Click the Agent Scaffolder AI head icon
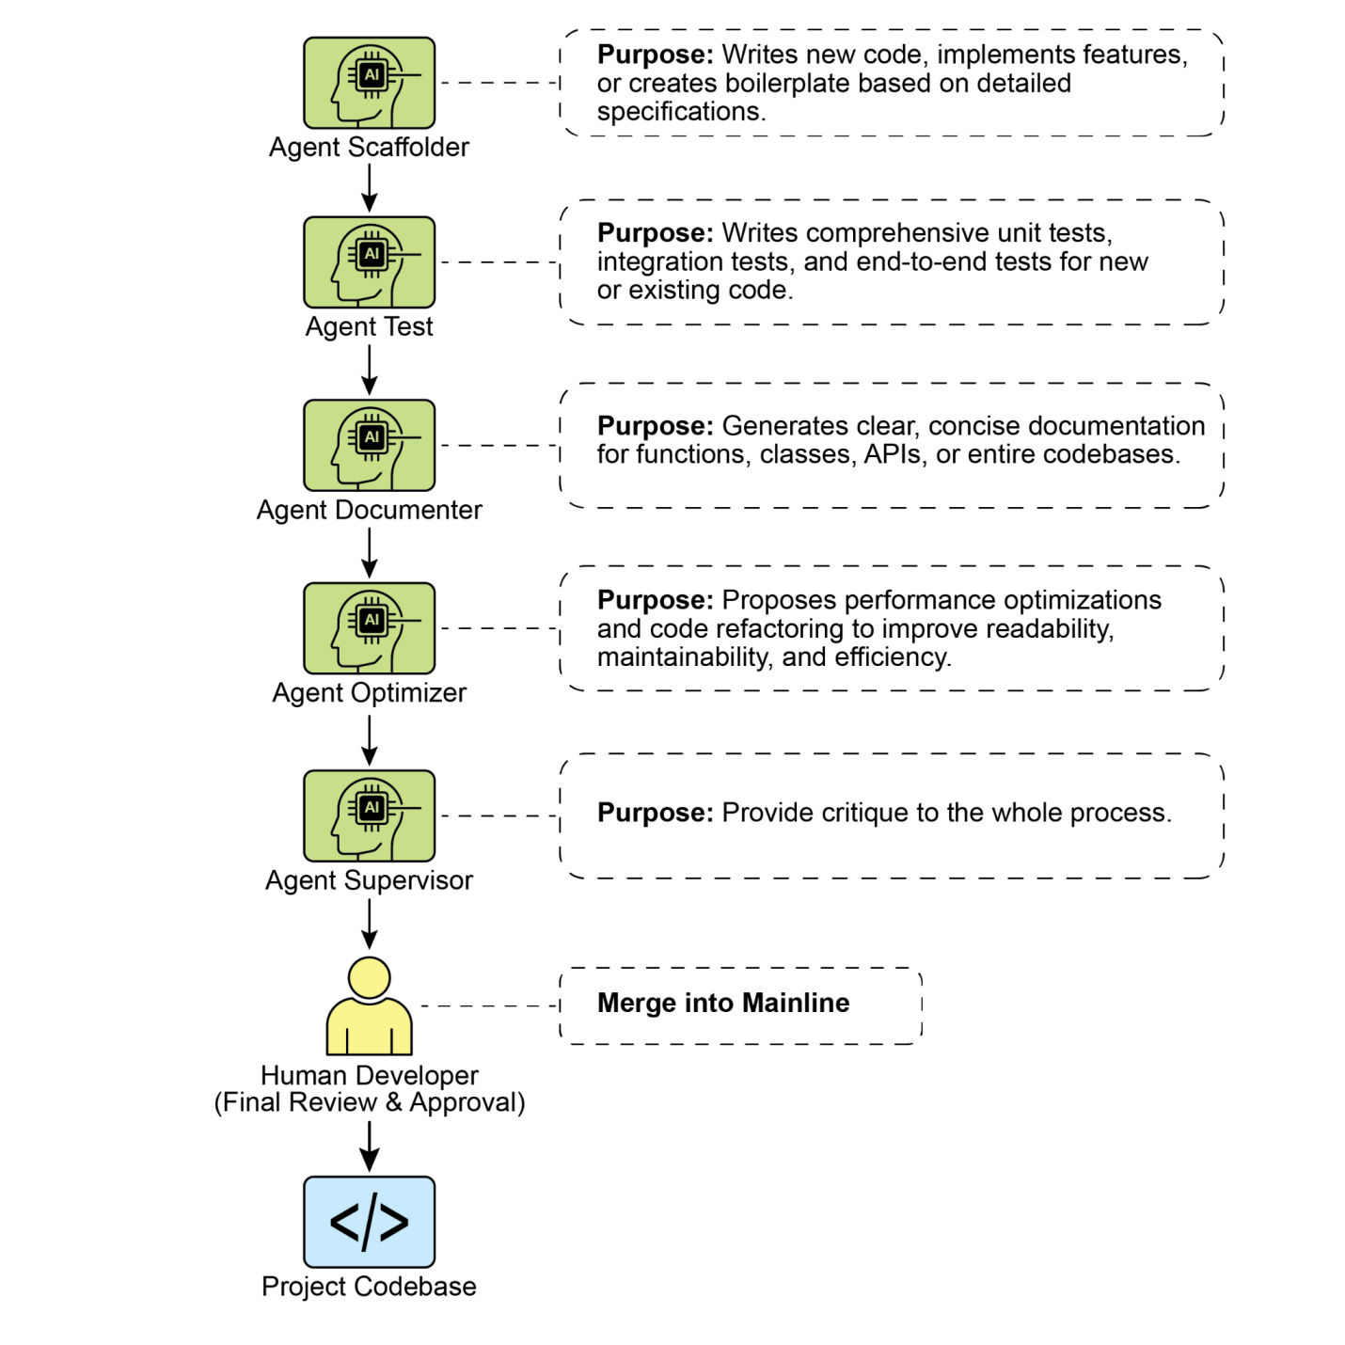tap(369, 83)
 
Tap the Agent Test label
tap(369, 326)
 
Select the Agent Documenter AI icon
tap(369, 445)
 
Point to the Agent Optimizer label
tap(369, 692)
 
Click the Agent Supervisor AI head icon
tap(369, 815)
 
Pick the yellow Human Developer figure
tap(369, 1005)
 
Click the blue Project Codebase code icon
tap(369, 1222)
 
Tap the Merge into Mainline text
tap(723, 1003)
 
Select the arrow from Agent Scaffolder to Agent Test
tap(369, 188)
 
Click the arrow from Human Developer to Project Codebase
tap(369, 1147)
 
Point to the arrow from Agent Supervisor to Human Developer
tap(369, 924)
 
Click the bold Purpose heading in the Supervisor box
tap(656, 813)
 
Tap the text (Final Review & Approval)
tap(369, 1102)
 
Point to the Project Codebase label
tap(369, 1286)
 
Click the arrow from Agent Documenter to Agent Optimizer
tap(369, 552)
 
